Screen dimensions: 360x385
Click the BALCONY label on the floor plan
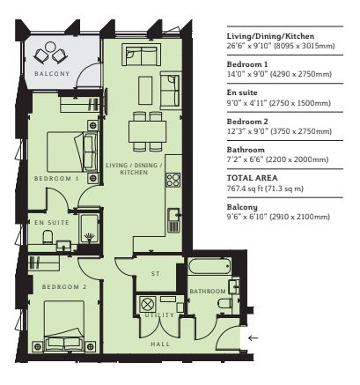(52, 74)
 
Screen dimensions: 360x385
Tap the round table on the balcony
(50, 47)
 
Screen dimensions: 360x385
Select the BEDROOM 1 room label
(56, 179)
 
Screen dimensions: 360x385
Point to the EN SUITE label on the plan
(52, 223)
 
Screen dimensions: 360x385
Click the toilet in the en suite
(48, 237)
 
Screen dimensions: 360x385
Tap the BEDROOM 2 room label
(64, 286)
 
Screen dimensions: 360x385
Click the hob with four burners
(173, 180)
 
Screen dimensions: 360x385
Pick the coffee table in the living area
(145, 90)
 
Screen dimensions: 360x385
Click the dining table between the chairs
(148, 131)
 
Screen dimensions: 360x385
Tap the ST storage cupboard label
(155, 274)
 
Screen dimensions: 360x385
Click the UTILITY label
(159, 315)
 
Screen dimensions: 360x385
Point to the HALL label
(160, 344)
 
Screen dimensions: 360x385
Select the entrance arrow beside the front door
(253, 338)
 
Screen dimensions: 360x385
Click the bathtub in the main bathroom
(209, 266)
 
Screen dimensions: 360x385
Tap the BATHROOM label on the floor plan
(208, 292)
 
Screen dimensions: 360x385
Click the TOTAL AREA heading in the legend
(252, 178)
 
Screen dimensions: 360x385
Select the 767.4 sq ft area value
(245, 189)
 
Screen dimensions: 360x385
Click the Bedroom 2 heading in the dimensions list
(247, 122)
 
